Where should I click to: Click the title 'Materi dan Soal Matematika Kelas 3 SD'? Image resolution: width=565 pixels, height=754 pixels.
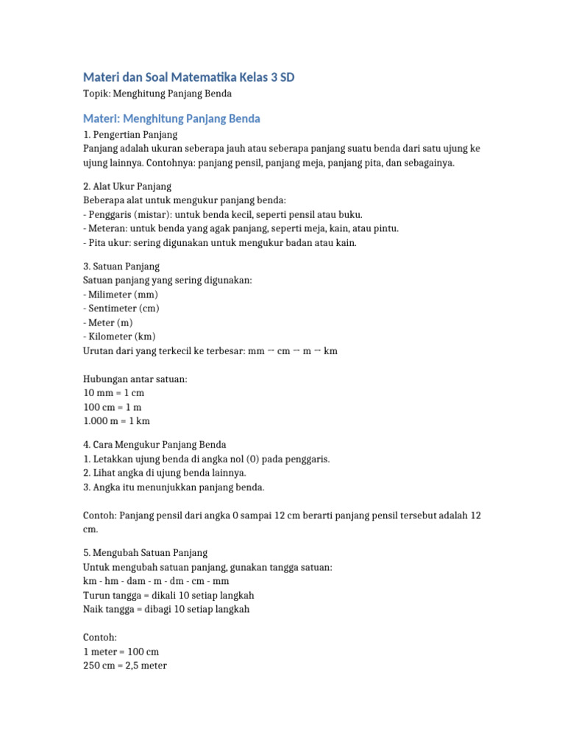[x=193, y=77]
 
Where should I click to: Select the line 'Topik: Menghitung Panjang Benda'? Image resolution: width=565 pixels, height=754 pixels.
[x=157, y=94]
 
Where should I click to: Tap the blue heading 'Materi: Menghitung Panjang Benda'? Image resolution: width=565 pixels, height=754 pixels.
[x=171, y=119]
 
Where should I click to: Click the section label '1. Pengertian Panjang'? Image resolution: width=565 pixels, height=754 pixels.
[x=130, y=135]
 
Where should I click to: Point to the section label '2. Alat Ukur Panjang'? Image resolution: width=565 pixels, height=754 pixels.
[x=127, y=186]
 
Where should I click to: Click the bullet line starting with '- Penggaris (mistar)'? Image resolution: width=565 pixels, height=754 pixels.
[x=223, y=215]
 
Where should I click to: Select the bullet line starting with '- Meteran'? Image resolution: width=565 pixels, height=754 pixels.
[x=241, y=229]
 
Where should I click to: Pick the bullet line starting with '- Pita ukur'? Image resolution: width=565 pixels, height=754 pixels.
[x=220, y=243]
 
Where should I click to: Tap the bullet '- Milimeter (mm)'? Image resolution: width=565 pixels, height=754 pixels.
[x=121, y=295]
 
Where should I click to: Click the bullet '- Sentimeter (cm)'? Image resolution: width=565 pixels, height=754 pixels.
[x=121, y=309]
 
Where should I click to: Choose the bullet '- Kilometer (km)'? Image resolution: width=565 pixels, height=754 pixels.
[x=120, y=337]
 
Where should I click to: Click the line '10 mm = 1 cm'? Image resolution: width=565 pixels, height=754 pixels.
[x=114, y=393]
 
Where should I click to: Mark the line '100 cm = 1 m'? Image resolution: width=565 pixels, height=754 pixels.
[x=113, y=407]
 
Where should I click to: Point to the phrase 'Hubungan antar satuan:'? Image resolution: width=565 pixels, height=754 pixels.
[x=135, y=379]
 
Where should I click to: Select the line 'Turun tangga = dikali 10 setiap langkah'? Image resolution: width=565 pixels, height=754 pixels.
[x=168, y=595]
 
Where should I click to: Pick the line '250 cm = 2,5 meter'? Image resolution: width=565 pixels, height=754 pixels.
[x=125, y=666]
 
